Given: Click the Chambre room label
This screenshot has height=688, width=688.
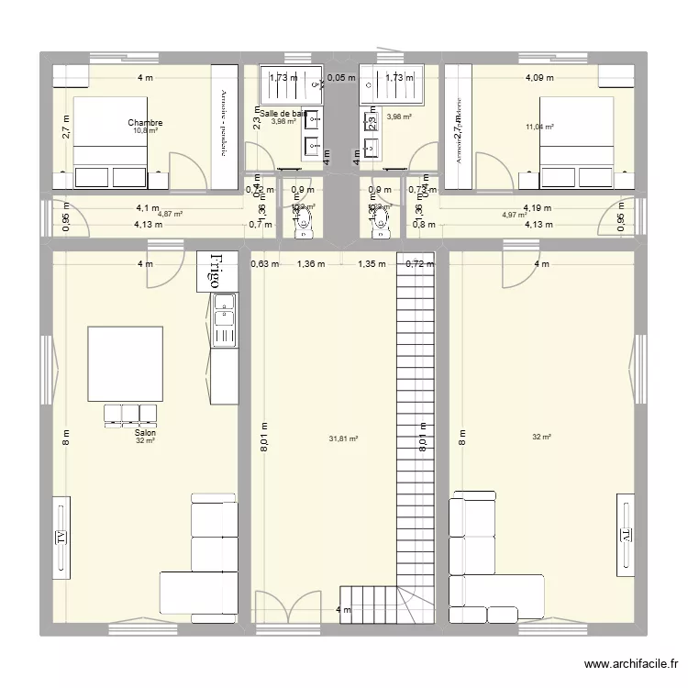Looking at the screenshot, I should [145, 122].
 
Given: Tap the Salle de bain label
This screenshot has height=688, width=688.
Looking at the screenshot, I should [283, 114].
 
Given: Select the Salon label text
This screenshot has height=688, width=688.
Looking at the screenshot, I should [145, 432].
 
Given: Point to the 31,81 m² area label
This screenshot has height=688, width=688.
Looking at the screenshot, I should [343, 438].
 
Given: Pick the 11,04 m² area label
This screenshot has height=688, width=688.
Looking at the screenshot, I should [538, 128].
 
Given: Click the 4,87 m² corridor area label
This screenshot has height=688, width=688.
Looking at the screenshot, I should [171, 215].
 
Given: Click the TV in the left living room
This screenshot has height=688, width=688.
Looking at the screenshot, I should [61, 535].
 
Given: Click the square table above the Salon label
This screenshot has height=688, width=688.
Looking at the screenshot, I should [126, 363].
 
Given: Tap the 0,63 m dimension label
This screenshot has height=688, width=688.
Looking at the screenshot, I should [264, 265].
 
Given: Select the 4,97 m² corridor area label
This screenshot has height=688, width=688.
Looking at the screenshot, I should [514, 215].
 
